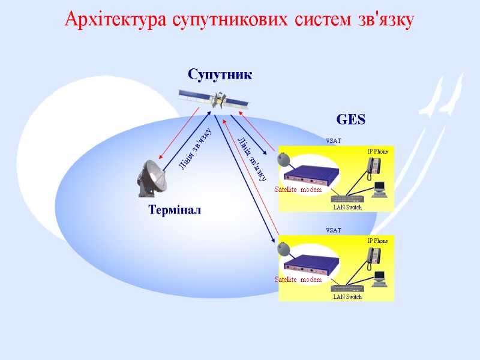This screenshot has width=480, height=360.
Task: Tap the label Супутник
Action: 220,75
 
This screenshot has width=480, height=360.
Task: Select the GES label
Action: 350,120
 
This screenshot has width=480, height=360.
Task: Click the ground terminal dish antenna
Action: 150,178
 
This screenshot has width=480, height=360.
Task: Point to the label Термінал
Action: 175,211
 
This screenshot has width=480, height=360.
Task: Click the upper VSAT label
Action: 333,141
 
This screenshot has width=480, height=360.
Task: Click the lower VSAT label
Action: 333,230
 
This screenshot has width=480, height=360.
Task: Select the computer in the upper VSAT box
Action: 379,189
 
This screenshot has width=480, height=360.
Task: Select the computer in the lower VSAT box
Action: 379,278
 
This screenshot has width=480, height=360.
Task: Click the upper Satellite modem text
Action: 298,190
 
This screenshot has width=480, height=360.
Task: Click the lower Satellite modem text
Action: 298,280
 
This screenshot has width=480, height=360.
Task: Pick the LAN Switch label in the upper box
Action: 347,207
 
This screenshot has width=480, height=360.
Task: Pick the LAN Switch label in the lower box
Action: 347,296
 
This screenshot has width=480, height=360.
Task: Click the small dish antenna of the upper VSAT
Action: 283,159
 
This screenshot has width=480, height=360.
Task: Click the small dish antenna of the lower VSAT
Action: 283,248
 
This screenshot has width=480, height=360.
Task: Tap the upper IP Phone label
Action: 377,151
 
